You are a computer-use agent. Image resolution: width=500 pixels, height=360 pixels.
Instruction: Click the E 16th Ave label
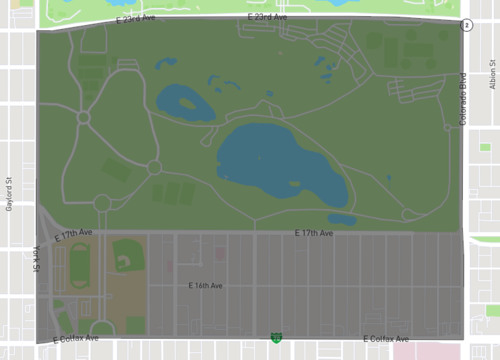[205, 285]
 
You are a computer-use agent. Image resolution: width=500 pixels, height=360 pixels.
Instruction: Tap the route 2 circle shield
[466, 24]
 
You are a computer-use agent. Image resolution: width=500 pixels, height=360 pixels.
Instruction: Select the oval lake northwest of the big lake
[183, 101]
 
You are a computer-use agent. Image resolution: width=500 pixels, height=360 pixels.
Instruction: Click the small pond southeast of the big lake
[342, 219]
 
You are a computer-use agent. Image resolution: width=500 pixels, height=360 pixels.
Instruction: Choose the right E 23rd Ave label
[267, 18]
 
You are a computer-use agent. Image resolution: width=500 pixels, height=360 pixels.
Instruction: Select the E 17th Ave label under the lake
[313, 233]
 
